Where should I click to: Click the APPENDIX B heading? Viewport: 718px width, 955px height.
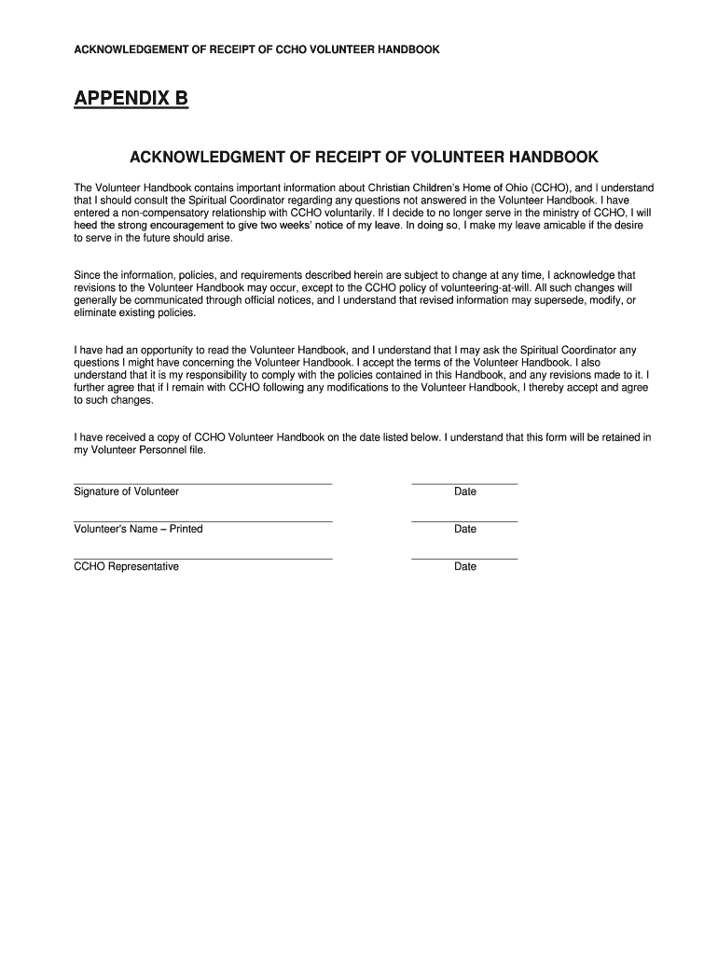(131, 98)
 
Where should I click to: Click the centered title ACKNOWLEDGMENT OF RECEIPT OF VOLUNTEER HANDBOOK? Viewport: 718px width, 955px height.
(364, 157)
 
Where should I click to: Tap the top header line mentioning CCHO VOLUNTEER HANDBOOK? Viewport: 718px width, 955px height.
(256, 48)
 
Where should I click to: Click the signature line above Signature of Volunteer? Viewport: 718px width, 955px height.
(202, 484)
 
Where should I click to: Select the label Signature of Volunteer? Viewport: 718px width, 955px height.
(126, 491)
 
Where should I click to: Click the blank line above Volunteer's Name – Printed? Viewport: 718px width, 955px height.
(202, 521)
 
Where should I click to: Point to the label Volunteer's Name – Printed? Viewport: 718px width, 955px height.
(138, 529)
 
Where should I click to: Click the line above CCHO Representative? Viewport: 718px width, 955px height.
(202, 559)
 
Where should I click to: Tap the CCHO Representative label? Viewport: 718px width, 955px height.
(126, 566)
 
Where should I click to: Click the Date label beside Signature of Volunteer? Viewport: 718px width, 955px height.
(464, 491)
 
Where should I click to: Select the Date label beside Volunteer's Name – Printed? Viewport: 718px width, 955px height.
(464, 529)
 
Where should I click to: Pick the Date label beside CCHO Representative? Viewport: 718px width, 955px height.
(464, 566)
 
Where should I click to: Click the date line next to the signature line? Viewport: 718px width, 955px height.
(464, 484)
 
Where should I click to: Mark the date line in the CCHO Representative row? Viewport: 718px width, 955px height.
(464, 559)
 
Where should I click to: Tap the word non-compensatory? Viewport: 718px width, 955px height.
(161, 213)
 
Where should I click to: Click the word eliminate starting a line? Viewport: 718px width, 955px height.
(96, 312)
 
